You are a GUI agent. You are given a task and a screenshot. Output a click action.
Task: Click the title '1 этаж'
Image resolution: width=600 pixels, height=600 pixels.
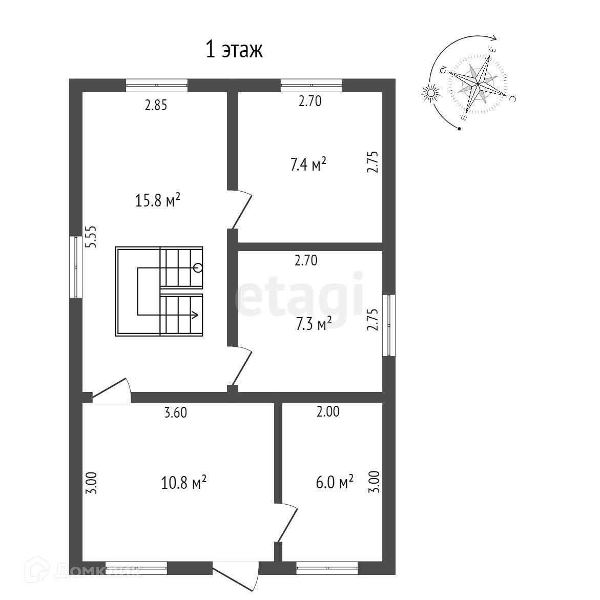coord(234,50)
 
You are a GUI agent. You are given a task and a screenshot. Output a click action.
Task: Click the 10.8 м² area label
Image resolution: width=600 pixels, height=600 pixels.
coord(183,482)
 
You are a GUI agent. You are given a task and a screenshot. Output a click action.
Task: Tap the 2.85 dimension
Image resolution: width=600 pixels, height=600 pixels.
coord(156,106)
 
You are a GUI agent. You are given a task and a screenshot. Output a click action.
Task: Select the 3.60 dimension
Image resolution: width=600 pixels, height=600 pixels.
coord(175,412)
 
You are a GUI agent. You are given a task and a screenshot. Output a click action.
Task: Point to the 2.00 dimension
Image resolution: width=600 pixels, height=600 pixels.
coord(328,411)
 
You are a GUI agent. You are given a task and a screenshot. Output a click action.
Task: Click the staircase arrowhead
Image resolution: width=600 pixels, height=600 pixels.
coord(195,315)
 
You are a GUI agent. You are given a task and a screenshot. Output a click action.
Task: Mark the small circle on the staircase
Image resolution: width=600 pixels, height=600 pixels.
coord(198,267)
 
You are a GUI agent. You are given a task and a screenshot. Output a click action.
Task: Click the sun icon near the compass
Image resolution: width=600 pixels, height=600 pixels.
coord(430,93)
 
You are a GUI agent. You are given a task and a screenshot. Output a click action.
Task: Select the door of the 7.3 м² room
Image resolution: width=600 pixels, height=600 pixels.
coord(242,366)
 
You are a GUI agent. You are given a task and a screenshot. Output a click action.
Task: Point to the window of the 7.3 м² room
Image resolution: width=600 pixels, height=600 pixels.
coord(389,325)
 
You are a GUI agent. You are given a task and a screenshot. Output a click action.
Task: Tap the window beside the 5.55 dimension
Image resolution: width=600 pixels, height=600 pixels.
coord(76,266)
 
